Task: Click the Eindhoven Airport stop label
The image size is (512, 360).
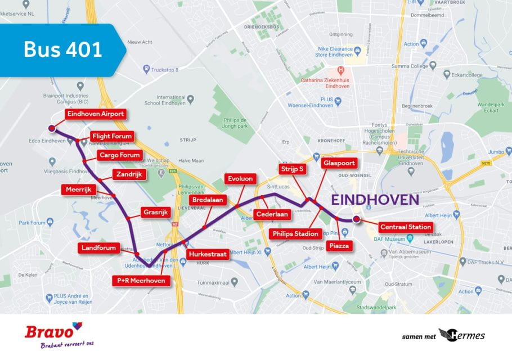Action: (95, 114)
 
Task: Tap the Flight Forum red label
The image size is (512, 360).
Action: (112, 136)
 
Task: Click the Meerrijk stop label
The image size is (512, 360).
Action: (78, 190)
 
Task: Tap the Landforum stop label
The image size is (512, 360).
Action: (99, 247)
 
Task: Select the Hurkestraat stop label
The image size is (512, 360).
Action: (208, 254)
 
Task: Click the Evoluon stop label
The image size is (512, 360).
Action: (240, 179)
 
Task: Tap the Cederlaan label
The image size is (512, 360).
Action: (272, 214)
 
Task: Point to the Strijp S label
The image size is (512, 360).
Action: (293, 168)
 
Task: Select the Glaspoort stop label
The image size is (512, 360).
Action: (338, 164)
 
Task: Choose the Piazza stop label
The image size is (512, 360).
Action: (339, 246)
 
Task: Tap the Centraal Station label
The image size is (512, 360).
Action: (405, 227)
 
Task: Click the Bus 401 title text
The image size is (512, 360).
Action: (62, 49)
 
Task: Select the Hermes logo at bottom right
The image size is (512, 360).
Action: (461, 336)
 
